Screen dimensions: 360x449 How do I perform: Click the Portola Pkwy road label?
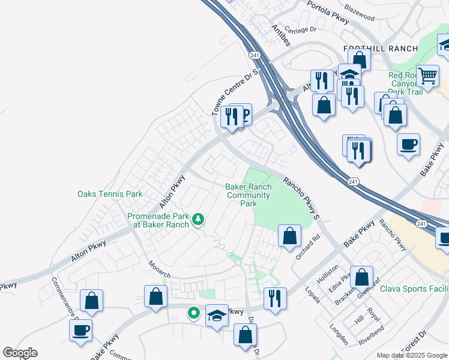pyautogui.click(x=327, y=11)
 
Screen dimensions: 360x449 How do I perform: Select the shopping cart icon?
pyautogui.click(x=427, y=76)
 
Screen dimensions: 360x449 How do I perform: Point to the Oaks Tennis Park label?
pyautogui.click(x=110, y=194)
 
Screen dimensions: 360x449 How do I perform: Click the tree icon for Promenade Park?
pyautogui.click(x=198, y=221)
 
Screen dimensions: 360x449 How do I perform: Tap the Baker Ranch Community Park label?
pyautogui.click(x=249, y=195)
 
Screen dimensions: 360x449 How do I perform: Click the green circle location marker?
pyautogui.click(x=193, y=312)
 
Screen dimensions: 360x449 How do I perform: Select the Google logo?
pyautogui.click(x=19, y=353)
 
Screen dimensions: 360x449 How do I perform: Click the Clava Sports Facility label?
pyautogui.click(x=414, y=289)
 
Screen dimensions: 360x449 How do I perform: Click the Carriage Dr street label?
pyautogui.click(x=301, y=29)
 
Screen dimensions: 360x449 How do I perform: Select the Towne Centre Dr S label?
pyautogui.click(x=234, y=92)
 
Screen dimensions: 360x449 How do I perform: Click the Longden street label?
pyautogui.click(x=339, y=335)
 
